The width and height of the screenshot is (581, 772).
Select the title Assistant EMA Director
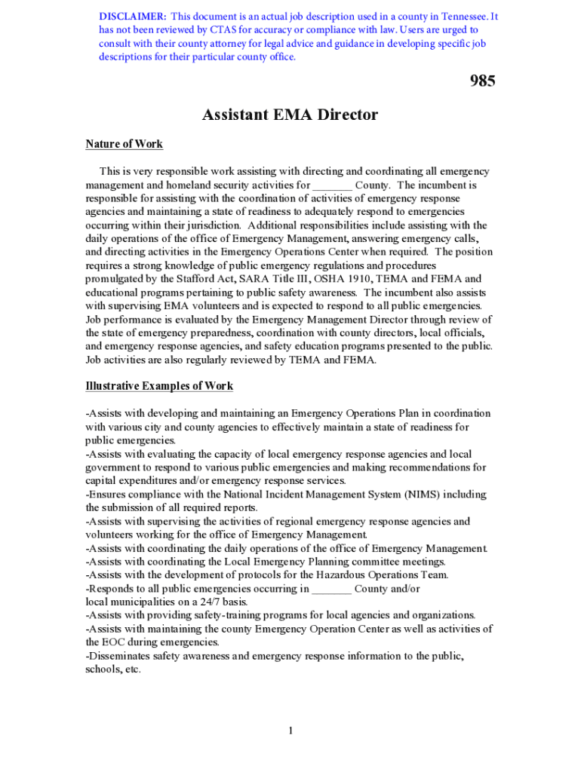[290, 115]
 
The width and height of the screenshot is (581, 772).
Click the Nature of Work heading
[124, 144]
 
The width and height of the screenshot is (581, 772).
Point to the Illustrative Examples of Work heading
[159, 386]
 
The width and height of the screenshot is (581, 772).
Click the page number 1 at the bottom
[290, 731]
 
